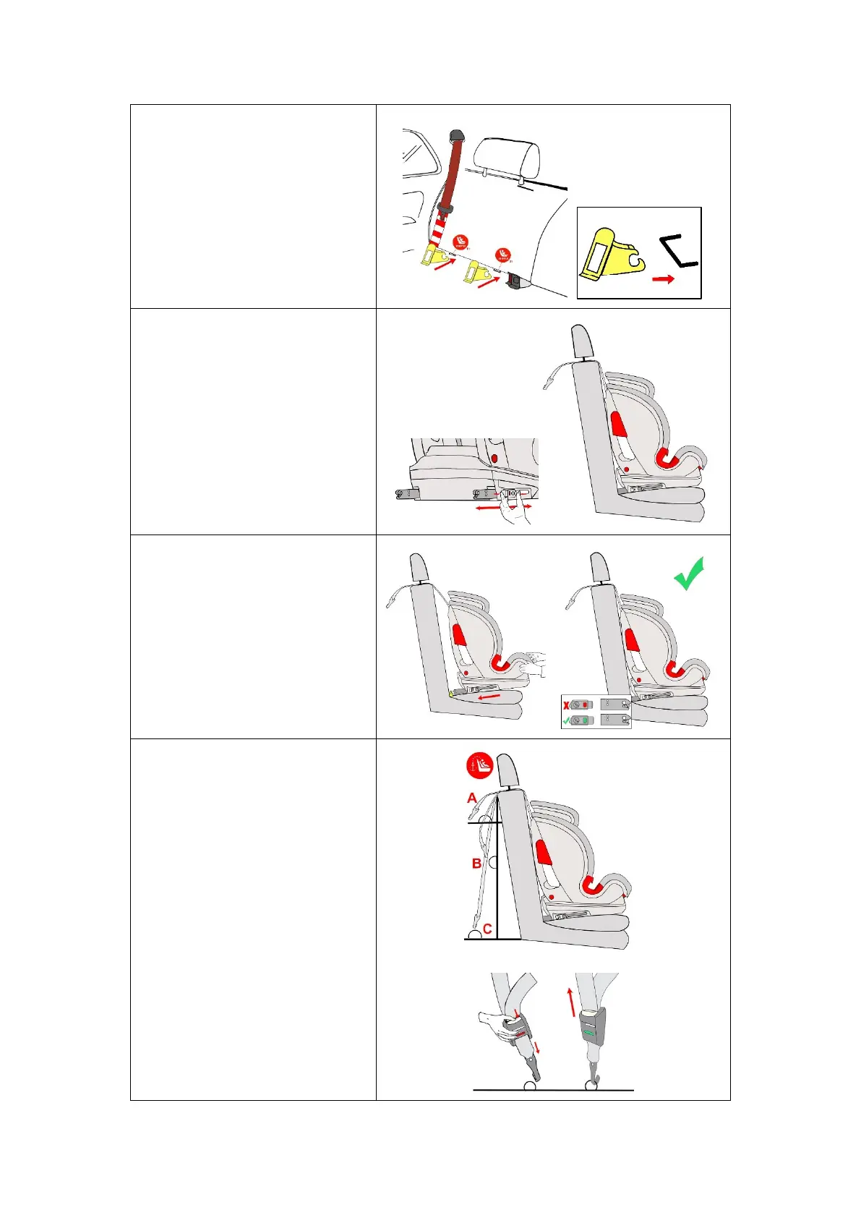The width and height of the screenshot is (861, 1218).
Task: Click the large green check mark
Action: [689, 575]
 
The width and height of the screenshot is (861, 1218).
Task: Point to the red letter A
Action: [472, 798]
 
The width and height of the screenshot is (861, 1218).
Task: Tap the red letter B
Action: [476, 863]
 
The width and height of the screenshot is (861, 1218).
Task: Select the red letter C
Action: [487, 929]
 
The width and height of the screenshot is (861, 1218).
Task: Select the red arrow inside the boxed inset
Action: [663, 278]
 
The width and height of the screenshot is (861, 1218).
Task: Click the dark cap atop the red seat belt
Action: [456, 135]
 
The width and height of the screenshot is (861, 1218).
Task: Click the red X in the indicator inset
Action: [567, 704]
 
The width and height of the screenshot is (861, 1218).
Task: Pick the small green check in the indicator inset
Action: [567, 720]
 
